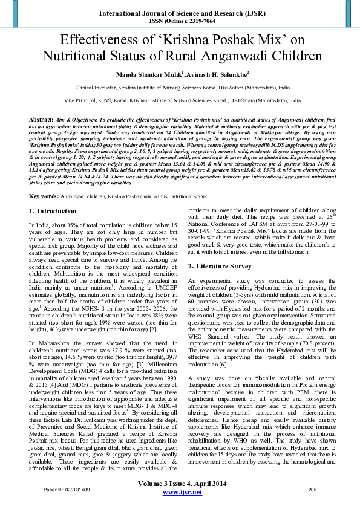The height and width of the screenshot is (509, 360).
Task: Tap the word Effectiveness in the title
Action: click(100, 41)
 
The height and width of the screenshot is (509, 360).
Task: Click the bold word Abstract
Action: click(41, 121)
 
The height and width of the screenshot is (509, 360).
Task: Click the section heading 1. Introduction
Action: click(53, 212)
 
